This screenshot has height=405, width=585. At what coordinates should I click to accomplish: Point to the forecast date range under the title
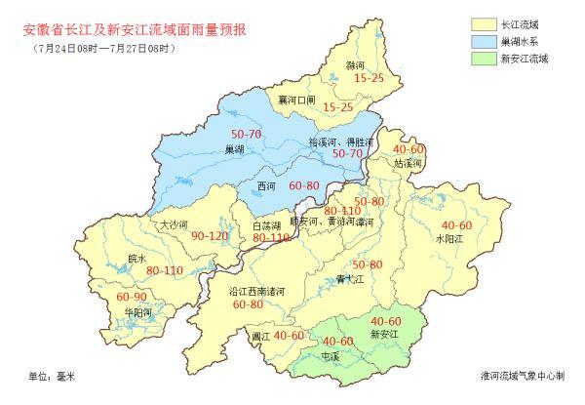(101, 49)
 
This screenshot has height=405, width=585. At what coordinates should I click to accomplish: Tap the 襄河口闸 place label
(296, 101)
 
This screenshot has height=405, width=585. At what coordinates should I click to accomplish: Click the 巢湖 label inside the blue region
(234, 149)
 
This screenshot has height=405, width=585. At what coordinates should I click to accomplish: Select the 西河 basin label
(267, 184)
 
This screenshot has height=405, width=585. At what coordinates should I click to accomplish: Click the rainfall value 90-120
(210, 236)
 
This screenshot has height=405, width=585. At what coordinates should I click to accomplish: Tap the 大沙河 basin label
(173, 223)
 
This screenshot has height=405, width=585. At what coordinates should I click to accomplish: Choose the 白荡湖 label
(267, 225)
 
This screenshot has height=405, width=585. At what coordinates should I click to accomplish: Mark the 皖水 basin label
(139, 259)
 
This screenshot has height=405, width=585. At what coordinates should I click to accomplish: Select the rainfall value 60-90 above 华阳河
(132, 297)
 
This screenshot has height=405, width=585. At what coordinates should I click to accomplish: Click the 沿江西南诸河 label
(256, 291)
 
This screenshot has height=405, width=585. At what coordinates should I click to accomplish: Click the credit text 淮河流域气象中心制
(526, 375)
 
